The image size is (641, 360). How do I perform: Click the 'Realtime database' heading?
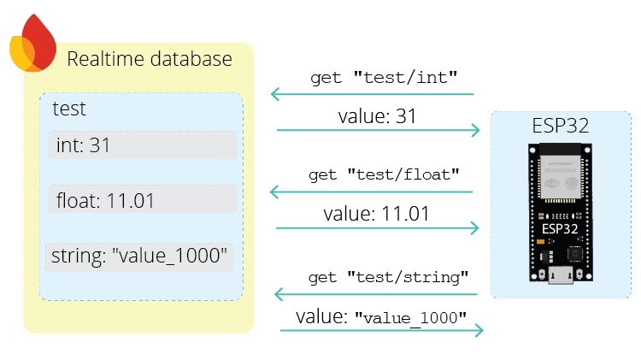(x=150, y=59)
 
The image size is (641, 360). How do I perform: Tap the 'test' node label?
(x=69, y=109)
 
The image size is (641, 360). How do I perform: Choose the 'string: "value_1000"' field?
(x=139, y=256)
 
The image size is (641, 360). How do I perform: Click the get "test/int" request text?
(x=383, y=77)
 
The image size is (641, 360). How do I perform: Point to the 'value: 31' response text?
(x=377, y=116)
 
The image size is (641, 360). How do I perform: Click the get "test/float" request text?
(x=385, y=174)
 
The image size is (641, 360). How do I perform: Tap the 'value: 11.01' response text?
(x=376, y=214)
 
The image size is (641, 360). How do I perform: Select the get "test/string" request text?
(x=388, y=277)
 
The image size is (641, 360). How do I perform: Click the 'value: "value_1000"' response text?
(x=381, y=316)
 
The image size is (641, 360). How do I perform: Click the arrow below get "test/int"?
(x=372, y=94)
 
